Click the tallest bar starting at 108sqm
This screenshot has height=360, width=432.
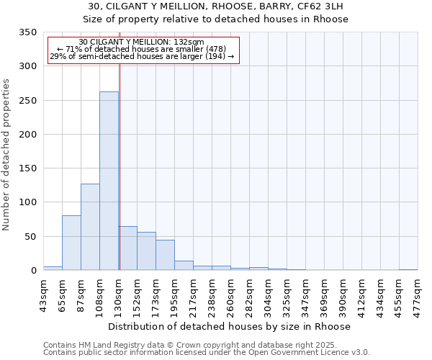[109, 181]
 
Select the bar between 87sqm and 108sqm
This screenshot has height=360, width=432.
[90, 227]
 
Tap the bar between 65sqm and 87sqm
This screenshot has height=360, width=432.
[71, 243]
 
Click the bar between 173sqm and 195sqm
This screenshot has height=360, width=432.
[165, 255]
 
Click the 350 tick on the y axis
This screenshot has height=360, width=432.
[28, 32]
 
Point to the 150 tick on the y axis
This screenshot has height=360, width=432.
[28, 168]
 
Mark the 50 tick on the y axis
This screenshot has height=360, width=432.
[31, 236]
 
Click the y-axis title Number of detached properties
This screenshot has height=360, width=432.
[7, 155]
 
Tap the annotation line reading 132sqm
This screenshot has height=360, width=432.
[142, 42]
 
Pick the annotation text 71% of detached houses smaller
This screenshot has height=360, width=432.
[142, 49]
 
